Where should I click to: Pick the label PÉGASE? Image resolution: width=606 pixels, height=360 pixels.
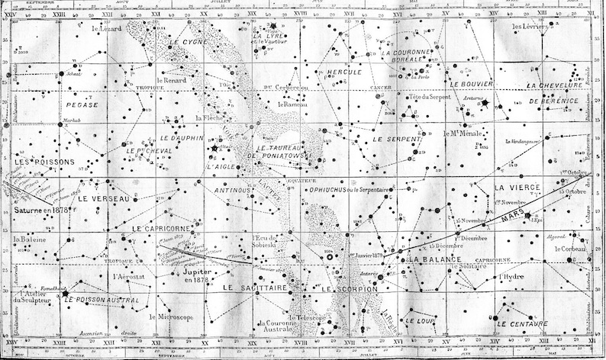point(82,101)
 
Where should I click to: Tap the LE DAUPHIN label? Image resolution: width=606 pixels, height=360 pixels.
point(182,139)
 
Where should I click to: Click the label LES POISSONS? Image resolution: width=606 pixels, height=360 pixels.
point(45,162)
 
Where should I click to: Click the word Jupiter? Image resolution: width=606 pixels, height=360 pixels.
point(197,271)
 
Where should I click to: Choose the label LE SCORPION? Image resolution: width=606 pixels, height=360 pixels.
point(350,290)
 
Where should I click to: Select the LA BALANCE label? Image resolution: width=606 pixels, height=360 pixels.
point(434,259)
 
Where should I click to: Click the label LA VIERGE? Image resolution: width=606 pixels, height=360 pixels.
point(517,187)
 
